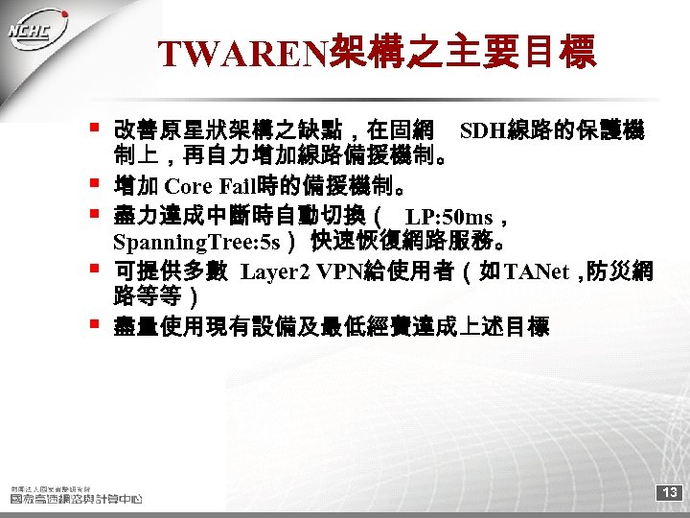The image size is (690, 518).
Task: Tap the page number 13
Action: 670,492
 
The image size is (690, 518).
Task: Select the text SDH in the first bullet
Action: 482,129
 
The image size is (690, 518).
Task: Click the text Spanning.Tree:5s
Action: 196,240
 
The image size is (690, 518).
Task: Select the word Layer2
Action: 277,271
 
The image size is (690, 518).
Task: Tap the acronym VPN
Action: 341,271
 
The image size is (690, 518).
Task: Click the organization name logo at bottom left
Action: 76,494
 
